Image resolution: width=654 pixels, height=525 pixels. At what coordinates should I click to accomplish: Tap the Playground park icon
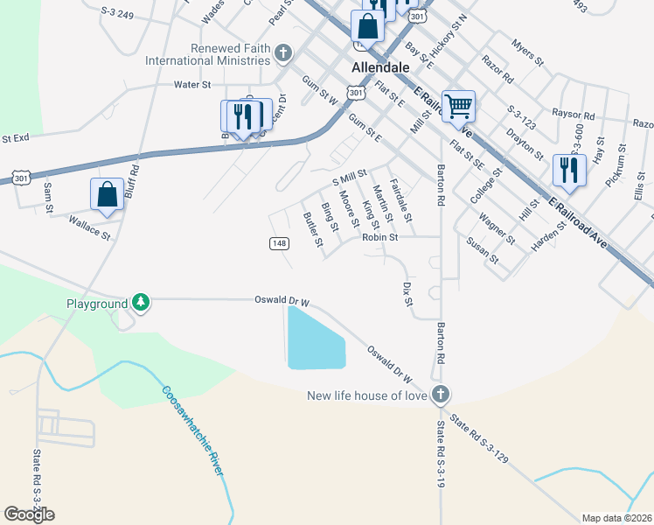(140, 303)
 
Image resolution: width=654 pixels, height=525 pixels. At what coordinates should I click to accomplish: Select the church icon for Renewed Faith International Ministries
(282, 54)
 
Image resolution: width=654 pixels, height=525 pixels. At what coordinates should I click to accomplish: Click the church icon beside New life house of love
(441, 395)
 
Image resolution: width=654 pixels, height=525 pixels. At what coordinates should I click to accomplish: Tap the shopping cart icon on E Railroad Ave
(458, 107)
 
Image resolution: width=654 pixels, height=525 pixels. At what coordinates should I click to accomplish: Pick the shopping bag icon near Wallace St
(107, 195)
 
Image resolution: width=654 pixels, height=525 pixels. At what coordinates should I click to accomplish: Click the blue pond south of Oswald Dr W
(316, 340)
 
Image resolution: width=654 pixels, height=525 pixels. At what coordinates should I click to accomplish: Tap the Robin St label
(380, 236)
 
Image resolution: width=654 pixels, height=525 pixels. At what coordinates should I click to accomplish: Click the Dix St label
(407, 294)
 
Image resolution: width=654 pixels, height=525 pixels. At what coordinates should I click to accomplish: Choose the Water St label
(193, 84)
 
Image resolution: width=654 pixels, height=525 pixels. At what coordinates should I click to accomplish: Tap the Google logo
(29, 514)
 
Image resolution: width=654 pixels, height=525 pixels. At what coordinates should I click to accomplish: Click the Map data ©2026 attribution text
(616, 518)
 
